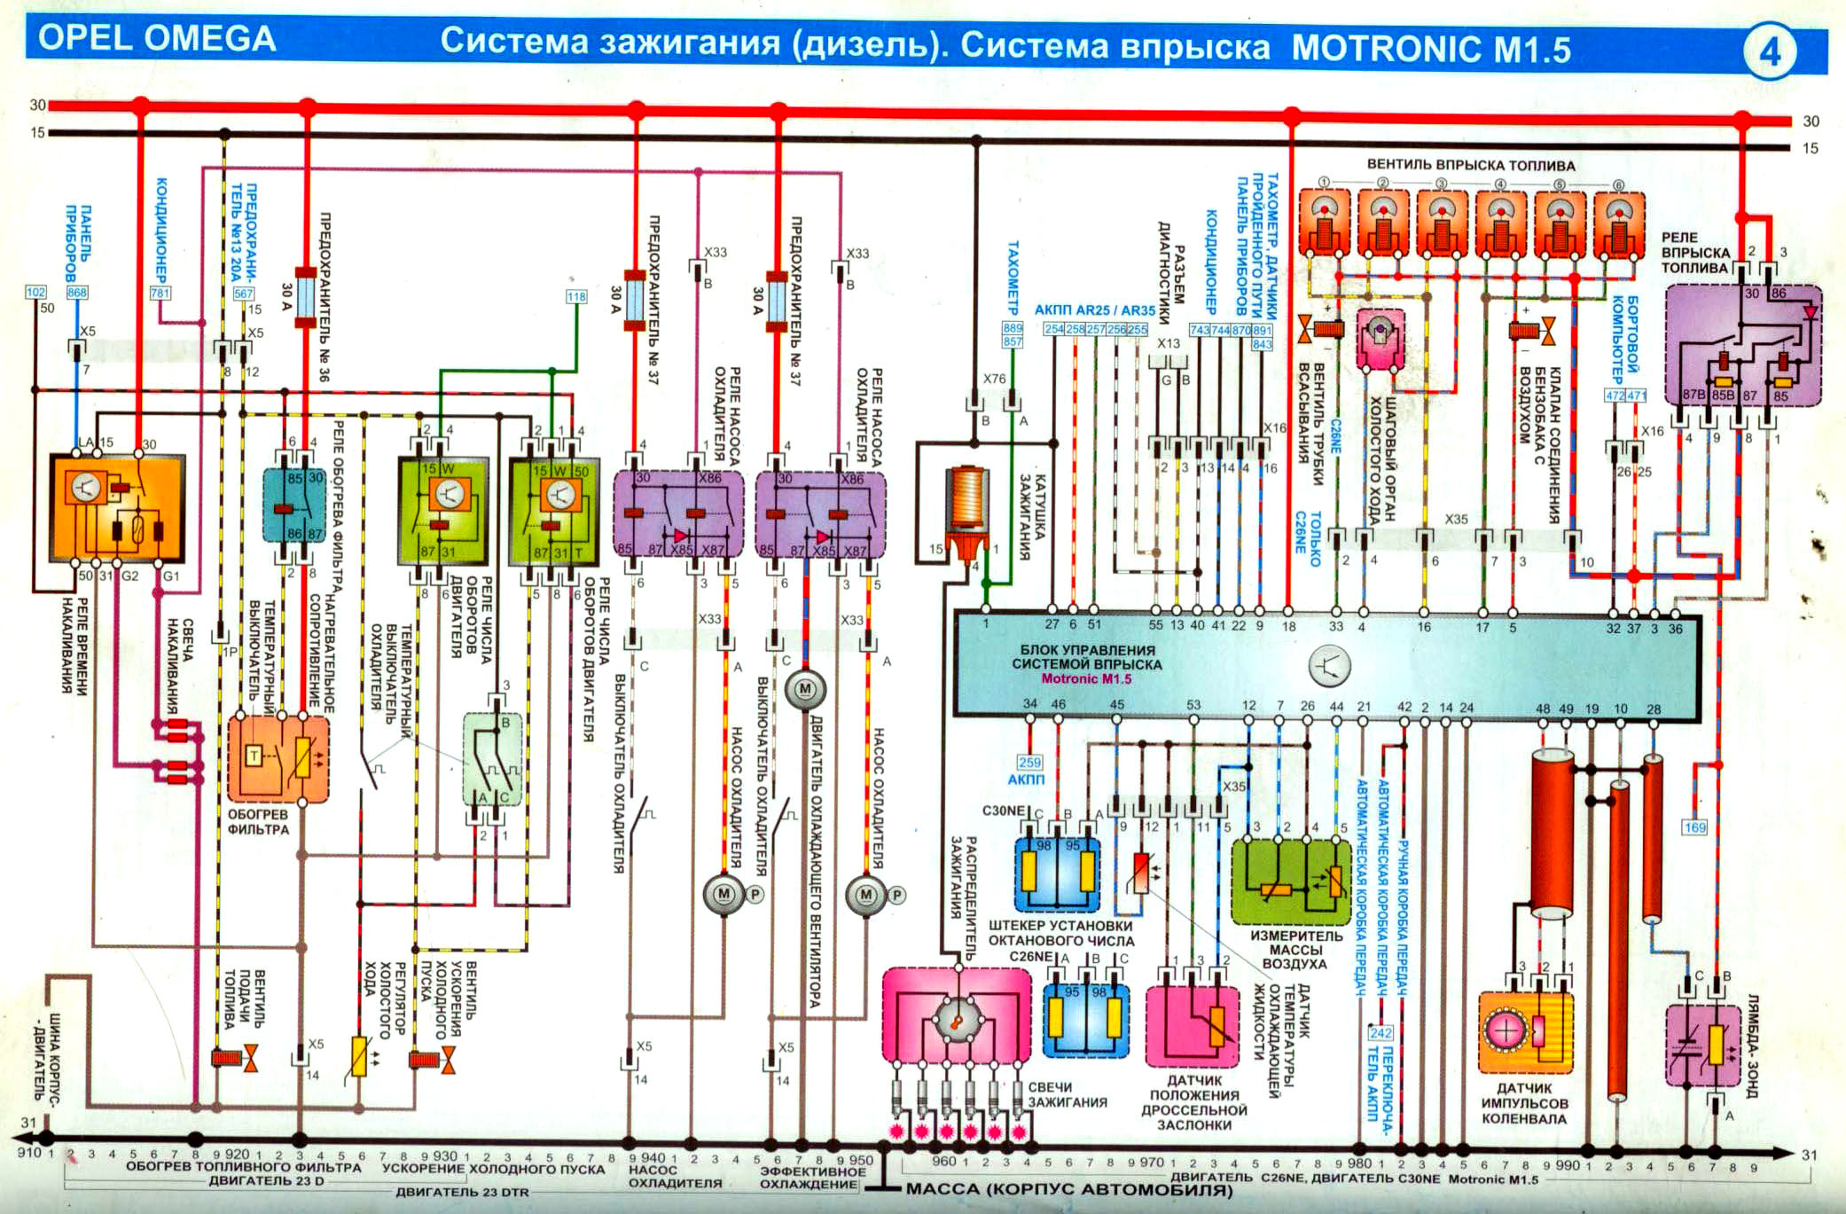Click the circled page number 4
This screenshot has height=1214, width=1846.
(x=1769, y=52)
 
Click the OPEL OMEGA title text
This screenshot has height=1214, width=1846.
(x=158, y=40)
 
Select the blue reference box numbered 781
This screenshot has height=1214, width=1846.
(x=160, y=293)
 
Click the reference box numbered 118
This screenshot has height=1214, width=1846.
(x=576, y=297)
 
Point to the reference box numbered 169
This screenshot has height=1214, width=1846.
(x=1694, y=827)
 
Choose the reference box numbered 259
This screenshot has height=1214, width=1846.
(x=1029, y=762)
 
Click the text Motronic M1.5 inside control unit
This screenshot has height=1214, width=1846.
(x=1086, y=679)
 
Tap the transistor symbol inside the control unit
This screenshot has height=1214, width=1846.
(x=1330, y=665)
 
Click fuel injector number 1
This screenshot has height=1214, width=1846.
(x=1325, y=222)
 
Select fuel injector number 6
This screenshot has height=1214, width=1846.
(x=1619, y=222)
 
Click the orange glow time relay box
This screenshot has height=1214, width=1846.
(x=117, y=508)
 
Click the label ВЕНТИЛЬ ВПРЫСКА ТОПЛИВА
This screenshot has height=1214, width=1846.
(x=1470, y=166)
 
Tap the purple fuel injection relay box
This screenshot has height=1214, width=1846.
(x=1742, y=346)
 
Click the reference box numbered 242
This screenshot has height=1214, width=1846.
(x=1381, y=1033)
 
